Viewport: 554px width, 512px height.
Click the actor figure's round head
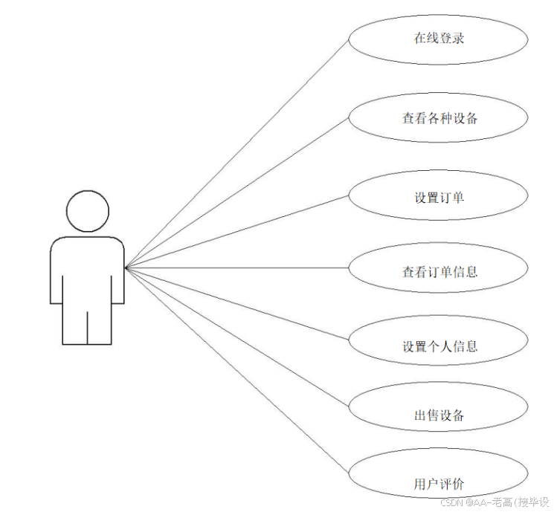tap(88, 210)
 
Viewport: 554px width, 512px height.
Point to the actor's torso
tap(88, 268)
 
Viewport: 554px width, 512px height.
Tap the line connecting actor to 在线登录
tap(238, 153)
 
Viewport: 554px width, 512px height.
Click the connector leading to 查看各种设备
tap(238, 191)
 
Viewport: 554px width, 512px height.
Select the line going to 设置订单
tap(238, 231)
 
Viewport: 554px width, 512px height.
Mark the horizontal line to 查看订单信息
tap(238, 268)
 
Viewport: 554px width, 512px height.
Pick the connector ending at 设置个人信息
tap(238, 304)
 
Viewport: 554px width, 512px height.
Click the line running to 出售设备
tap(238, 337)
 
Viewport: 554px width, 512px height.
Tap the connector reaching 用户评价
tap(238, 371)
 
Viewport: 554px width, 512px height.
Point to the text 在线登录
tap(439, 38)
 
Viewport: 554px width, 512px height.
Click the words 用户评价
tap(439, 485)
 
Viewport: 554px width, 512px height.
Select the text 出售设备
tap(439, 415)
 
